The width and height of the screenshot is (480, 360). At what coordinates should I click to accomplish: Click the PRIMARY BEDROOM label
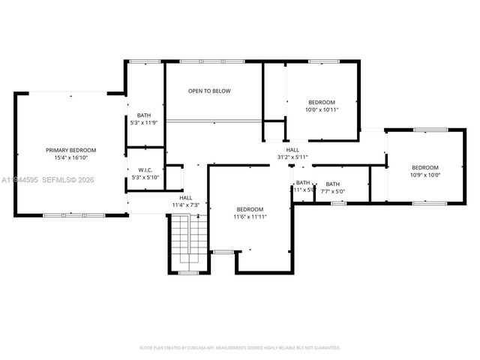[70, 150]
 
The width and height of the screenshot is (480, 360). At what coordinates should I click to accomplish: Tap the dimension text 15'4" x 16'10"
[70, 158]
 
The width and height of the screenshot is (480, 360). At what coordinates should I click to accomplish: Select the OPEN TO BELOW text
[209, 91]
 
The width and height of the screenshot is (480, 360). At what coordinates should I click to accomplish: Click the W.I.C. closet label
[144, 169]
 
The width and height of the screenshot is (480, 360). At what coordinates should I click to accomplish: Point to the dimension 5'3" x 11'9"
[144, 123]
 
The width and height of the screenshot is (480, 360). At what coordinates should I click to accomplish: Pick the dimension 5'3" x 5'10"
[144, 178]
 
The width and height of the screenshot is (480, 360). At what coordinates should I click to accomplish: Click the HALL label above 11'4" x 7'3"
[184, 197]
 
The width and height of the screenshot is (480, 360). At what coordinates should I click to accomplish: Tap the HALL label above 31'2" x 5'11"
[292, 149]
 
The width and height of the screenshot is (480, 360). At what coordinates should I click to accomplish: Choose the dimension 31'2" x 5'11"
[292, 157]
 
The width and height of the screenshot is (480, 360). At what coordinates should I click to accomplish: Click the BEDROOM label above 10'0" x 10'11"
[322, 102]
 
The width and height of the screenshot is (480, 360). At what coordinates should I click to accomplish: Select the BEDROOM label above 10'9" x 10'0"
[424, 167]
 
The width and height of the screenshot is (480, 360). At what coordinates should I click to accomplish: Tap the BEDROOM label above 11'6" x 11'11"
[250, 209]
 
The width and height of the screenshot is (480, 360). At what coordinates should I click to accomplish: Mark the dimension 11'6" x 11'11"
[250, 217]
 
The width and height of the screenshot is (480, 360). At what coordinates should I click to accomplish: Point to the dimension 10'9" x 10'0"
[424, 175]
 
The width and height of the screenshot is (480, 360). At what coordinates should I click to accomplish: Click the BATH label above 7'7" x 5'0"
[332, 184]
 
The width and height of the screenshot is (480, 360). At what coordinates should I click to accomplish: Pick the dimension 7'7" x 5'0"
[332, 191]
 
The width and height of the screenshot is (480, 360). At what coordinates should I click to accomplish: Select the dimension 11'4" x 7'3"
[184, 205]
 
